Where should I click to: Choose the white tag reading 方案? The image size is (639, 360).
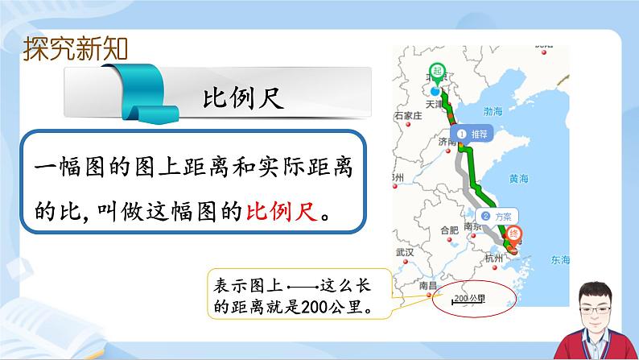[498, 216]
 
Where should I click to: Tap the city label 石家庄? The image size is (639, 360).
[405, 115]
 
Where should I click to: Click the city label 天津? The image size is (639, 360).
[435, 104]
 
